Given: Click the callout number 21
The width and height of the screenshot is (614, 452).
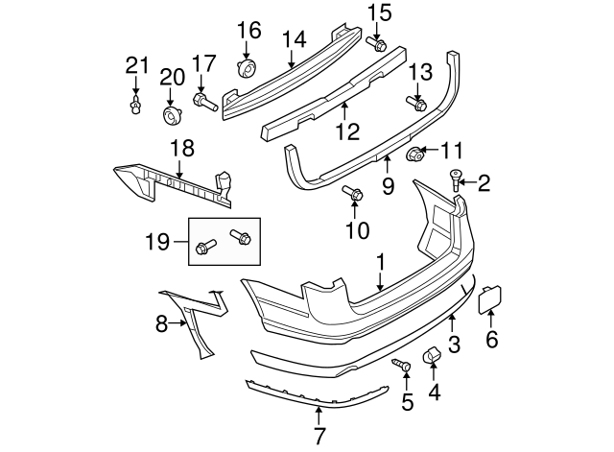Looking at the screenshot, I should click(138, 65).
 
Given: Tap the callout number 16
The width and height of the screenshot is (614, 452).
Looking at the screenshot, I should click(248, 30).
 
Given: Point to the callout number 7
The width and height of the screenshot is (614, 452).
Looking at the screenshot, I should click(319, 437).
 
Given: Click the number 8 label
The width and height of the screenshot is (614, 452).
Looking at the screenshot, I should click(162, 324).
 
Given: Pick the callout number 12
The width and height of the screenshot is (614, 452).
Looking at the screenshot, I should click(347, 129).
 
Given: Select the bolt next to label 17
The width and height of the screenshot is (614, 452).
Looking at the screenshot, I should click(203, 100).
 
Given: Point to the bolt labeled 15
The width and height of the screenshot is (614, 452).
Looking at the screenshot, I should click(377, 43).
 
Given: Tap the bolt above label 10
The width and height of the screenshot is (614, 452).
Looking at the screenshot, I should click(352, 192).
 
